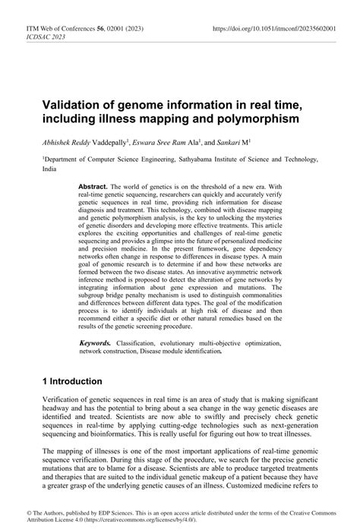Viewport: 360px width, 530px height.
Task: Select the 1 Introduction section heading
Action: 73,380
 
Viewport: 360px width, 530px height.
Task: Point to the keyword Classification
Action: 142,344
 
